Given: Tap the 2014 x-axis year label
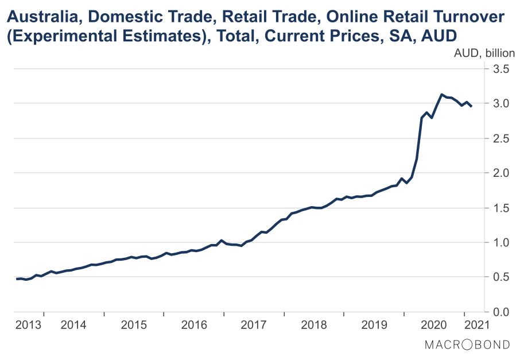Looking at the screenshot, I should coord(73,325).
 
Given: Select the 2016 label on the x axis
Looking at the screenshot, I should coord(193,325).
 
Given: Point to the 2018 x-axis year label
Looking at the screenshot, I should coord(313,325).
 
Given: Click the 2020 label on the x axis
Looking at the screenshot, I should coord(433,325).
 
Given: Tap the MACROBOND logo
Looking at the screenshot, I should coord(467,344).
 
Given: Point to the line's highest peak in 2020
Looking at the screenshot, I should coord(441,95).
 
